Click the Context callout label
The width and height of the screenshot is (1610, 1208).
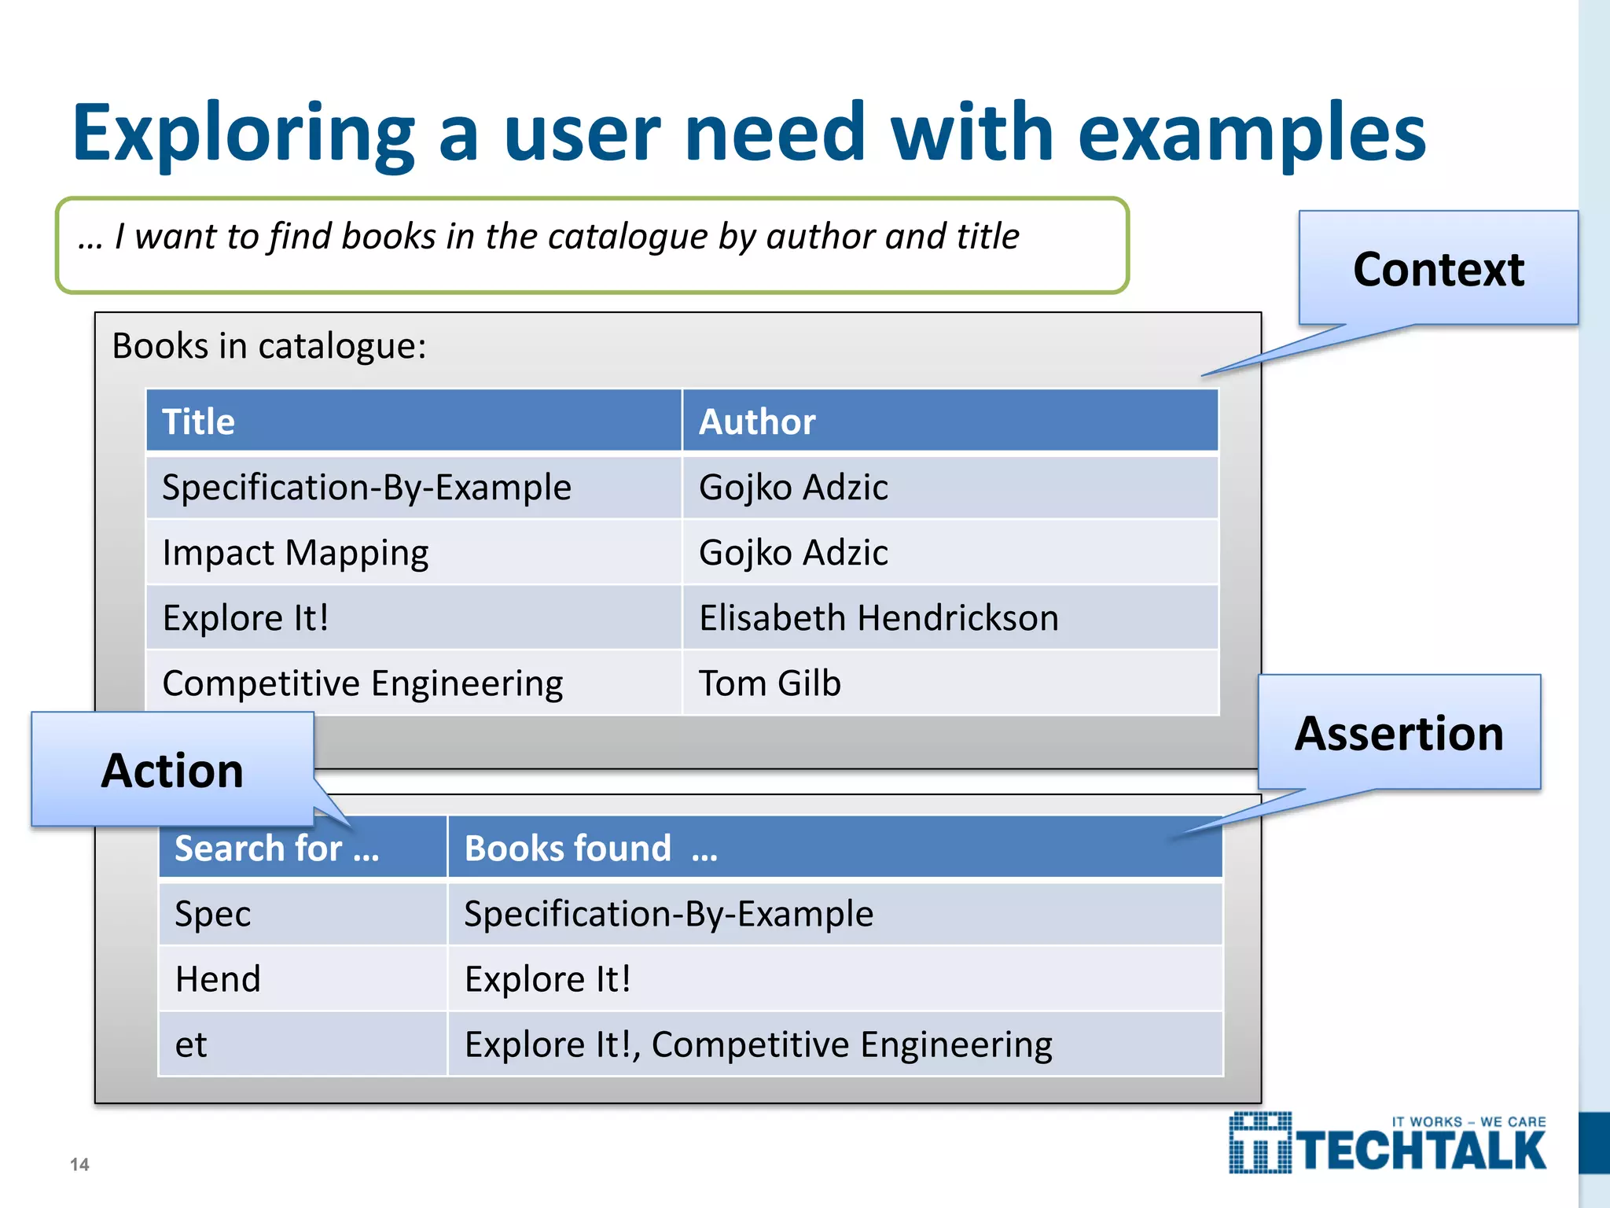[x=1438, y=270]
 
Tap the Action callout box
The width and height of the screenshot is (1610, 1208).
[x=172, y=770]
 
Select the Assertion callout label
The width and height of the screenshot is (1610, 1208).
[x=1399, y=734]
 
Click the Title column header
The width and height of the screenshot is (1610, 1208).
[x=198, y=422]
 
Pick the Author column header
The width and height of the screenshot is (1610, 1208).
[x=757, y=422]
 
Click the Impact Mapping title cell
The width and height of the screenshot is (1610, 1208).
[x=295, y=553]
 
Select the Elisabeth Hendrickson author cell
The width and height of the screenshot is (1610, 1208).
[x=878, y=618]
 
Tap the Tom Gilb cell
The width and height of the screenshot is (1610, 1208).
[x=770, y=683]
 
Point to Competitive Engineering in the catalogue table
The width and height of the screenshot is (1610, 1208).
[x=362, y=683]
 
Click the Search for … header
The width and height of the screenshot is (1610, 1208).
[x=277, y=849]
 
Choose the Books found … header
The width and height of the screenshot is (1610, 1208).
[x=590, y=849]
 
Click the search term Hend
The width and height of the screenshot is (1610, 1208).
[x=218, y=979]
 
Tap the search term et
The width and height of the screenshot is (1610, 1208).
[x=191, y=1045]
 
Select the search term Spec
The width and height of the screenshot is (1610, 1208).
[x=212, y=914]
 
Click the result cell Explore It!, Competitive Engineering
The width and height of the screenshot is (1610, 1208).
[x=758, y=1045]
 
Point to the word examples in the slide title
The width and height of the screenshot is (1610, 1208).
[x=1252, y=134]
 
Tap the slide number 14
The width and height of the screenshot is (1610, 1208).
[x=79, y=1165]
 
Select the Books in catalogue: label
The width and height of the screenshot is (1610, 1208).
[x=269, y=346]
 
